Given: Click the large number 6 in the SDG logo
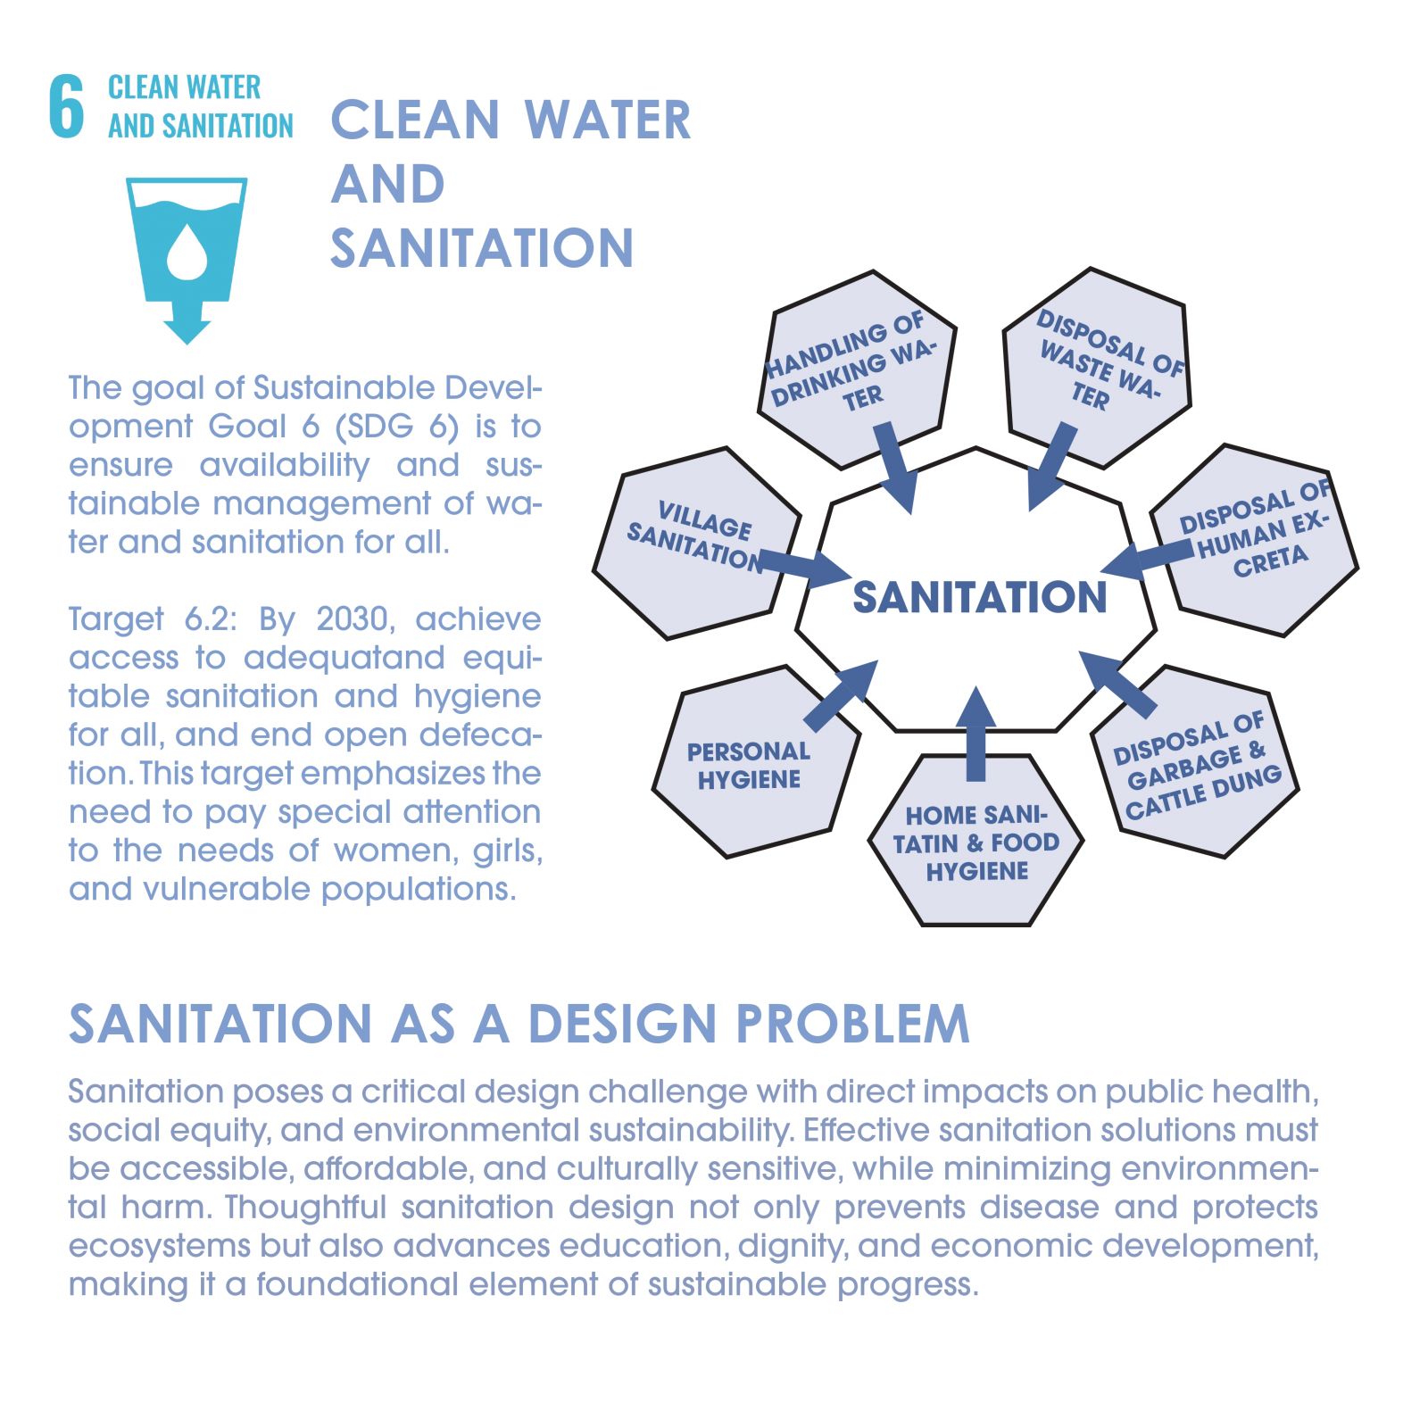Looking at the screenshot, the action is click(66, 106).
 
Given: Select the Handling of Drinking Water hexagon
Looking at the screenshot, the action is click(857, 369).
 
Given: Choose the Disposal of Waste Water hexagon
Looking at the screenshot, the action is click(1098, 367).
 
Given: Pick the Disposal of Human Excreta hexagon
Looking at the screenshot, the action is click(1254, 539).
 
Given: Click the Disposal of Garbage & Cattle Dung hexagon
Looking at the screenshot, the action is click(1195, 761).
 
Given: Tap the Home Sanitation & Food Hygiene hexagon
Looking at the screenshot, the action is click(976, 840).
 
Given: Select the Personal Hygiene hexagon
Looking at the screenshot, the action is click(757, 761).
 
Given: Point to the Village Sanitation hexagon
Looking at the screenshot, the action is click(697, 543).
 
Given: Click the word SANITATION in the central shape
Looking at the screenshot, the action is click(979, 597).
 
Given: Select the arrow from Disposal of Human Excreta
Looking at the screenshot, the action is click(1146, 559).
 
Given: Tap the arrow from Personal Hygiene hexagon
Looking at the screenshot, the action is click(841, 695).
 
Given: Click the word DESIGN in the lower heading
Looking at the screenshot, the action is click(623, 1023).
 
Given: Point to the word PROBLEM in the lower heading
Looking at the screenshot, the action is click(852, 1023).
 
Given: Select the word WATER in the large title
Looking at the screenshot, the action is click(607, 120).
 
